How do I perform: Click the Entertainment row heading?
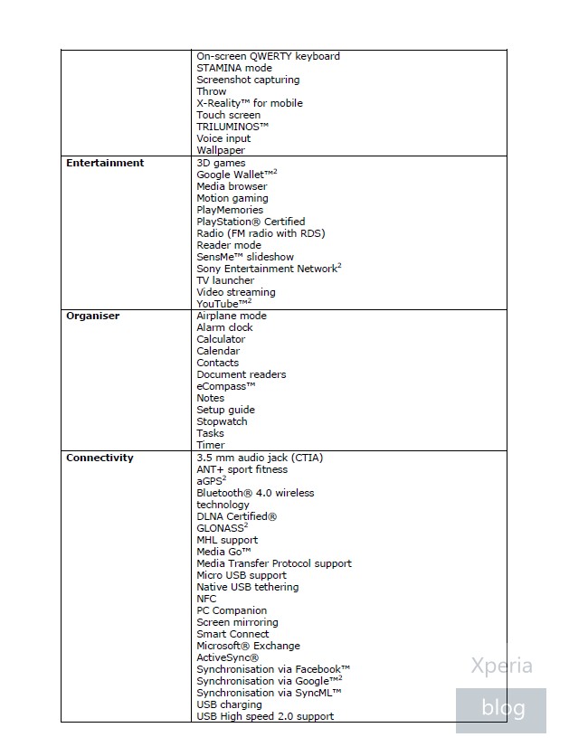point(105,164)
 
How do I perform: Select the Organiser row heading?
point(93,317)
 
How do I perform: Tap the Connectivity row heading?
point(100,458)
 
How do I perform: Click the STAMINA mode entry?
point(234,68)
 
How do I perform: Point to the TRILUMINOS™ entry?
point(232,127)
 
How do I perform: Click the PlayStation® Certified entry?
point(251,222)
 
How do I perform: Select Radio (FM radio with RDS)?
point(261,233)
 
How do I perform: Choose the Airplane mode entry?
point(232,317)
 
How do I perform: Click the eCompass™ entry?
point(226,386)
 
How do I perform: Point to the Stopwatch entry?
point(222,421)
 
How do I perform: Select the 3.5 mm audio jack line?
point(260,458)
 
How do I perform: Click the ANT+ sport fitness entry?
point(242,469)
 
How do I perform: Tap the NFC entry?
point(206,599)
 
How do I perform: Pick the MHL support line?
point(227,540)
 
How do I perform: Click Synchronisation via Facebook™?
point(273,669)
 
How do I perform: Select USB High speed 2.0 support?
point(265,716)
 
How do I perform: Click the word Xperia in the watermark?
point(501,667)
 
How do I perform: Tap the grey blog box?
point(501,708)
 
